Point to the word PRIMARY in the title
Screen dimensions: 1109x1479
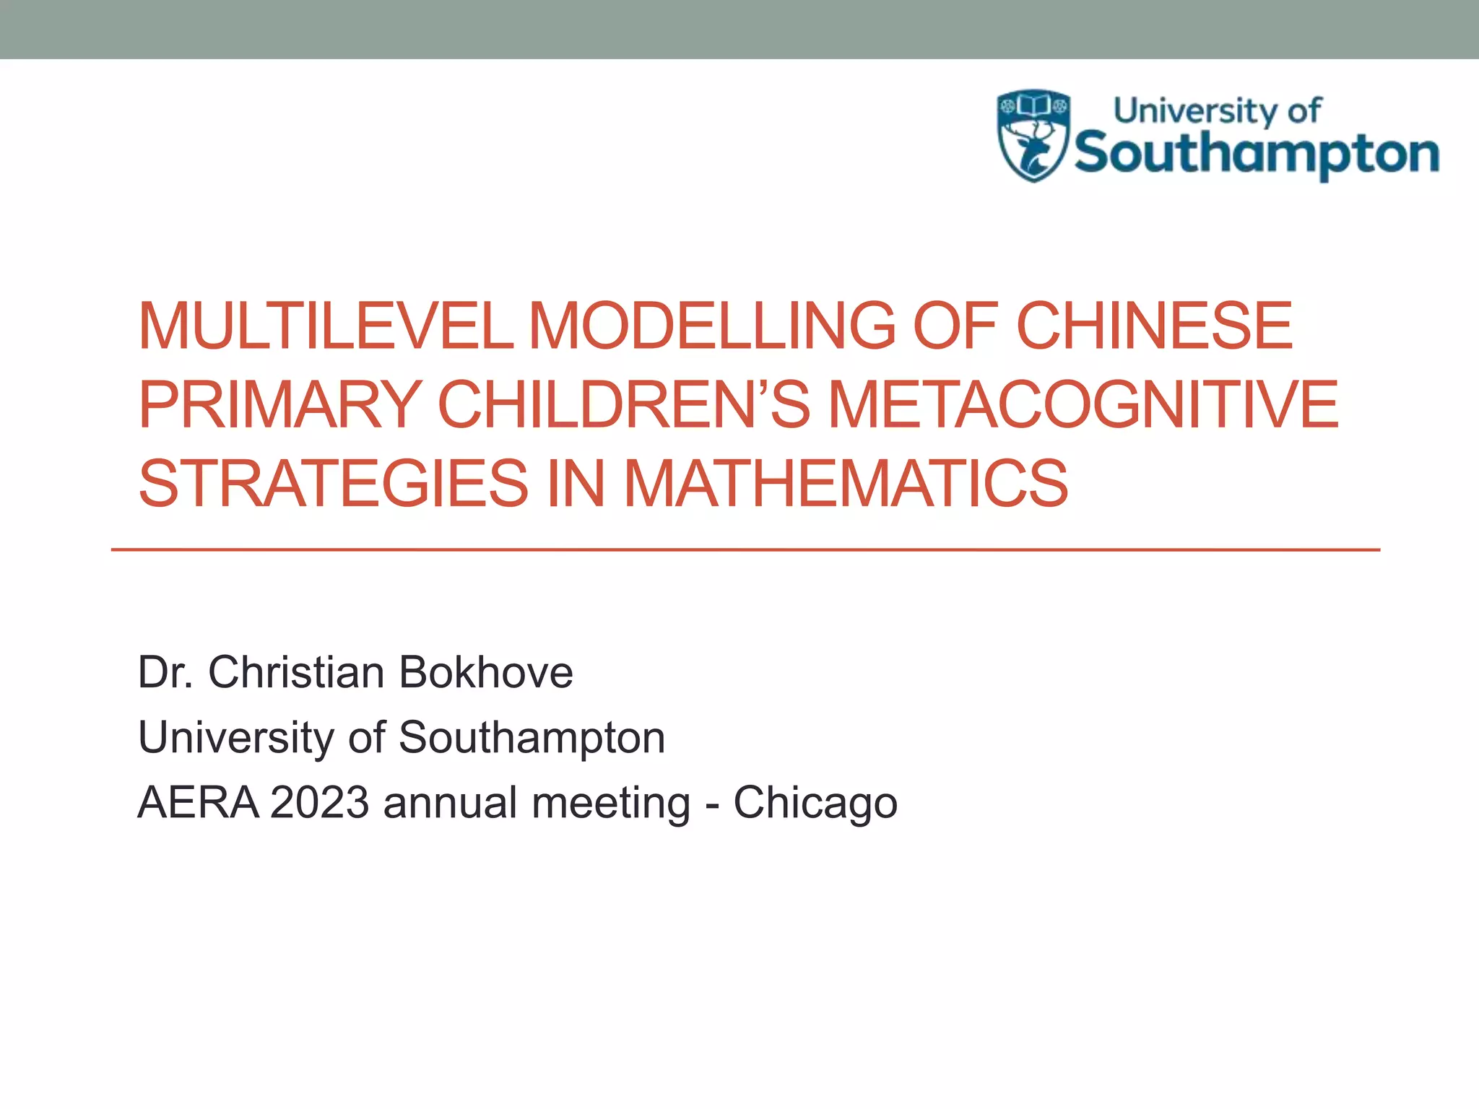tap(279, 404)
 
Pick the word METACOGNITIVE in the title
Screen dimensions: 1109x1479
tap(1083, 404)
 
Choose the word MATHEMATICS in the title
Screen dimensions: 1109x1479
tap(846, 483)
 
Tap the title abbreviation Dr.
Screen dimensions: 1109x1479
tap(165, 672)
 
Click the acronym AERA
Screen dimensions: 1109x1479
tap(198, 802)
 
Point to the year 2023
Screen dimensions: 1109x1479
tap(319, 802)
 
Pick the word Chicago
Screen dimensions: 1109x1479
tap(815, 804)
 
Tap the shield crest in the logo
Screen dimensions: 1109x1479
tap(1033, 135)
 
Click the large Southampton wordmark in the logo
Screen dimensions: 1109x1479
tap(1257, 154)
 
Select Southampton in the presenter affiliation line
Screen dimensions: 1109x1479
tap(532, 738)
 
